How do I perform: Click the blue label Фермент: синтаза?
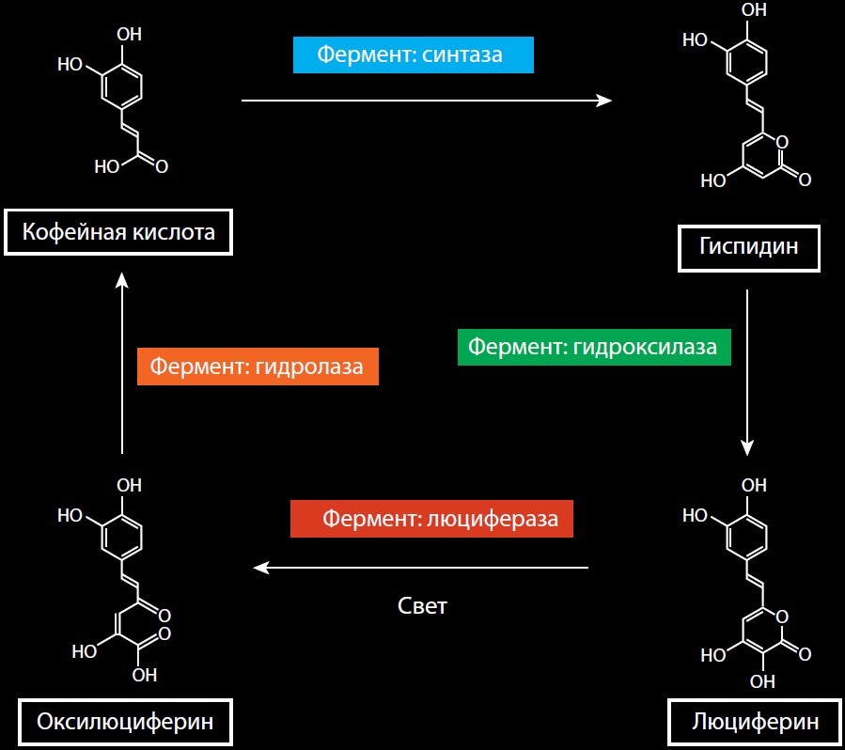point(413,55)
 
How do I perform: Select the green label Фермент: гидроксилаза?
point(593,347)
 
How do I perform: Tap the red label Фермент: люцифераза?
point(431,519)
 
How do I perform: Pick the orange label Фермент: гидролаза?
point(257,366)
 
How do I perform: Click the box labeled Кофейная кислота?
point(117,232)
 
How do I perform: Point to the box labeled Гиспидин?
point(748,247)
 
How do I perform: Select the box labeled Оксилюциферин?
point(124,722)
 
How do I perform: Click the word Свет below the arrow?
point(422,605)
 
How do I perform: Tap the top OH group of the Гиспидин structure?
point(754,11)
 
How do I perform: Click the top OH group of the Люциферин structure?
point(754,486)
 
